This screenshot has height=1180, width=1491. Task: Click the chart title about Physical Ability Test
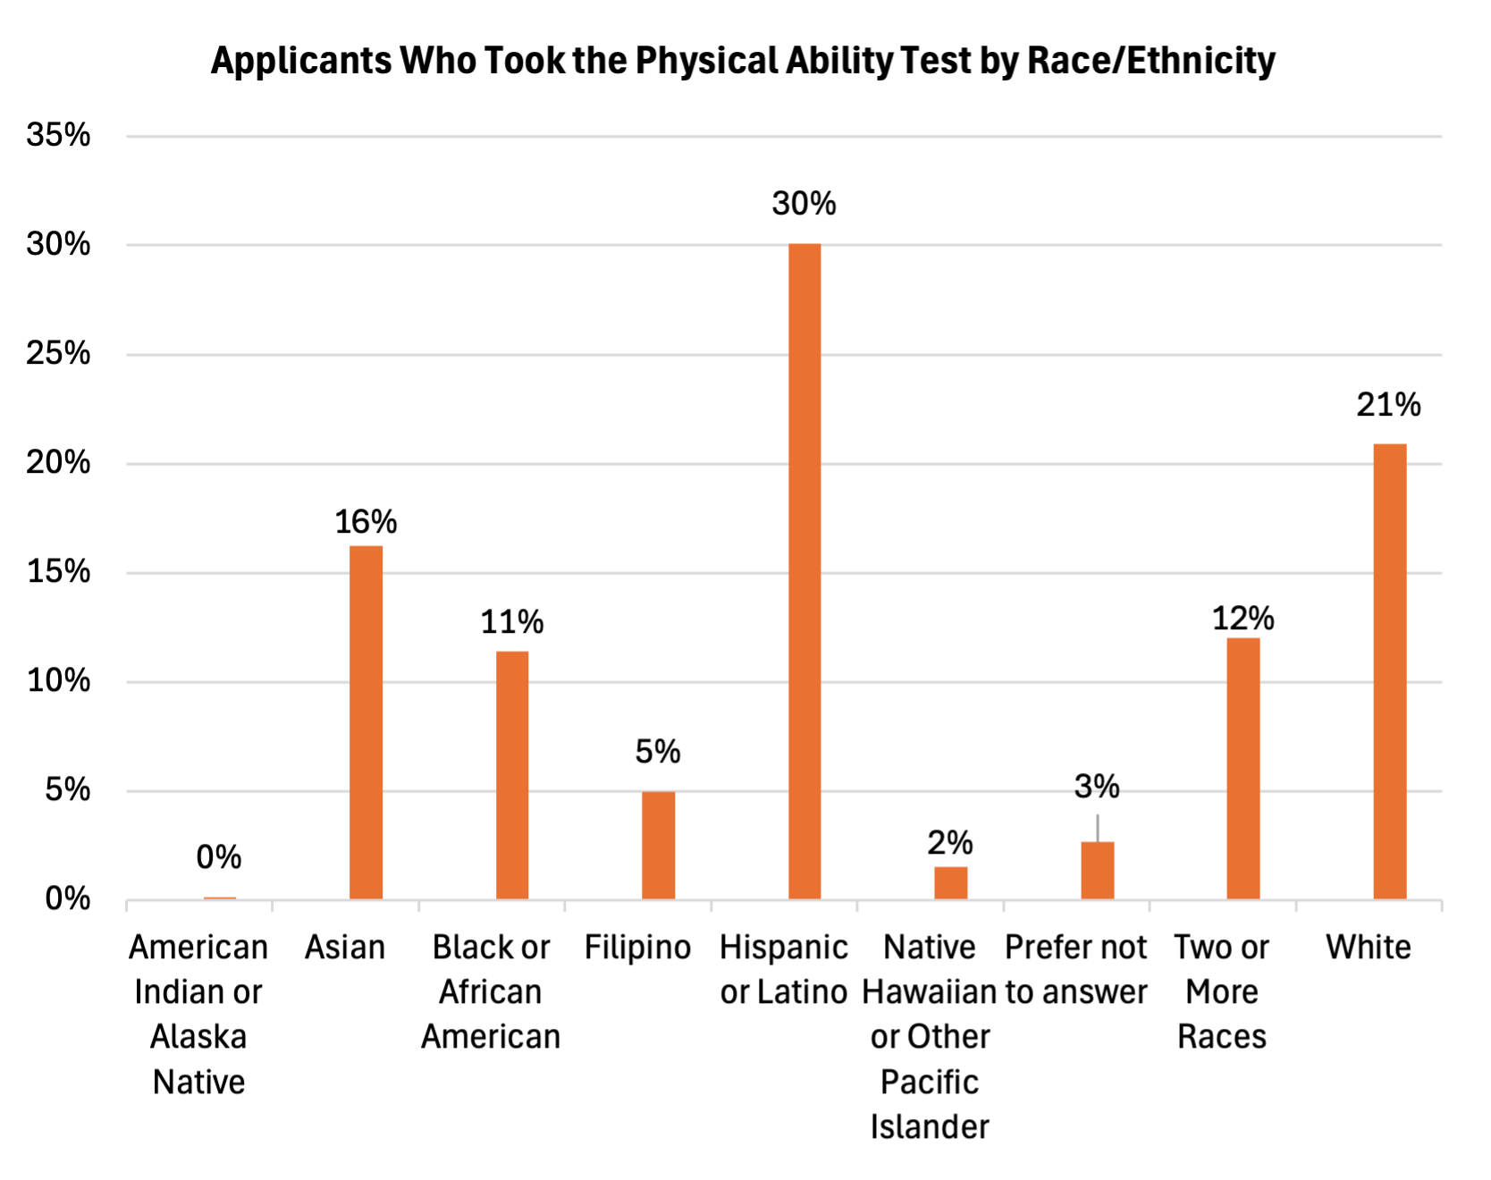point(743,61)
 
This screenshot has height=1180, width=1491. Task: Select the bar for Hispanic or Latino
point(804,572)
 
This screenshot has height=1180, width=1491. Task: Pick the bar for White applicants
point(1390,671)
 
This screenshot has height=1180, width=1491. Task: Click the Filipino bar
point(658,845)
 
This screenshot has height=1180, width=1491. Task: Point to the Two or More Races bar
point(1243,769)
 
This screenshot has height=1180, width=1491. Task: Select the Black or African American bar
point(512,775)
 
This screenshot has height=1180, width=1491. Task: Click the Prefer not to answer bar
point(1098,870)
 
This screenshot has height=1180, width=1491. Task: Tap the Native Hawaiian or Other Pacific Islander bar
point(951,882)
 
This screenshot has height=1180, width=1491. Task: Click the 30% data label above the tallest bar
point(804,204)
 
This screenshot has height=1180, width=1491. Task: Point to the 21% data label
point(1388,405)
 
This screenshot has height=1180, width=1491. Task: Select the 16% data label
point(366,522)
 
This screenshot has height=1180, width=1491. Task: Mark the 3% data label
point(1097,787)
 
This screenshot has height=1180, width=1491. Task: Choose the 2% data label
point(950,842)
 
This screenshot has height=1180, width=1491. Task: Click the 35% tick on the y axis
point(59,135)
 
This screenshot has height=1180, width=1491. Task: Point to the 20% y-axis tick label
point(59,463)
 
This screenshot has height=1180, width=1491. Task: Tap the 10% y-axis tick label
point(59,681)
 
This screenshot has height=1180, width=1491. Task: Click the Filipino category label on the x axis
point(637,948)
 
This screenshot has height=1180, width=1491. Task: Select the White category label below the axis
point(1369,948)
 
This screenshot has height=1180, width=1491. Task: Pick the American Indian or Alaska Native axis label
point(198,1014)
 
